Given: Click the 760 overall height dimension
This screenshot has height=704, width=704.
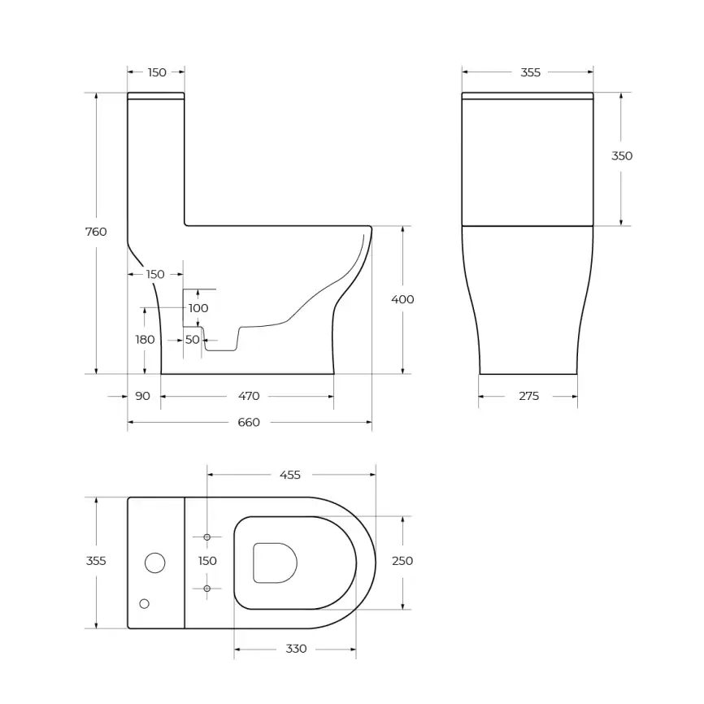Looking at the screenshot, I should (x=96, y=232).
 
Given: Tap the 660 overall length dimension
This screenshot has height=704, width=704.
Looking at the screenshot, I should (x=249, y=422).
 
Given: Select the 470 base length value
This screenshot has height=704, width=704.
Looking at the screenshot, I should (x=249, y=396).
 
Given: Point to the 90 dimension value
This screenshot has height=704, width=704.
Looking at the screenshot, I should (x=142, y=396).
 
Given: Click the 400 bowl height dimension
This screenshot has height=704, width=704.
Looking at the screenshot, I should (x=402, y=299).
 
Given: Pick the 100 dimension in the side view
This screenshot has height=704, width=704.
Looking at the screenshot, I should (x=198, y=308).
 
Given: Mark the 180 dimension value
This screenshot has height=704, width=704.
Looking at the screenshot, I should (x=145, y=340).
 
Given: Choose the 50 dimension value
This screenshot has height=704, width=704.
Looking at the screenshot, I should (x=193, y=340).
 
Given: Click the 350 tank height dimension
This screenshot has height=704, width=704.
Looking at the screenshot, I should (x=622, y=156).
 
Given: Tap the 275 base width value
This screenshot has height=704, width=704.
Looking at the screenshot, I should (x=528, y=396).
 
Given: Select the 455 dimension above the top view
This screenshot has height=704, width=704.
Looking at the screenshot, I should (x=289, y=475).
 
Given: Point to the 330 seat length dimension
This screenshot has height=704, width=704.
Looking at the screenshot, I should (x=296, y=649).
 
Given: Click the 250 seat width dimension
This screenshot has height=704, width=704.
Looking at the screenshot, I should (x=402, y=561).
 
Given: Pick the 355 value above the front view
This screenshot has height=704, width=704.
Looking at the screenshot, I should (x=530, y=72).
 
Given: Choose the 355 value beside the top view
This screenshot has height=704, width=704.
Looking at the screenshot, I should (x=96, y=561).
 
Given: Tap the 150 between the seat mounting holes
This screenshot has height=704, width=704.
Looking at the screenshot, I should (x=207, y=561).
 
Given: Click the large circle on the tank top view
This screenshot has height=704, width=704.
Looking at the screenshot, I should (x=154, y=562).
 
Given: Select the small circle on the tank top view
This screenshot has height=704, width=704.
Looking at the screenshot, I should (x=145, y=603).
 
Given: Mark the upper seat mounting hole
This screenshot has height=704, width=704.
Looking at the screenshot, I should (x=207, y=537).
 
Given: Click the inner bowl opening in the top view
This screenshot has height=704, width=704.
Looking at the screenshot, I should (x=275, y=563).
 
